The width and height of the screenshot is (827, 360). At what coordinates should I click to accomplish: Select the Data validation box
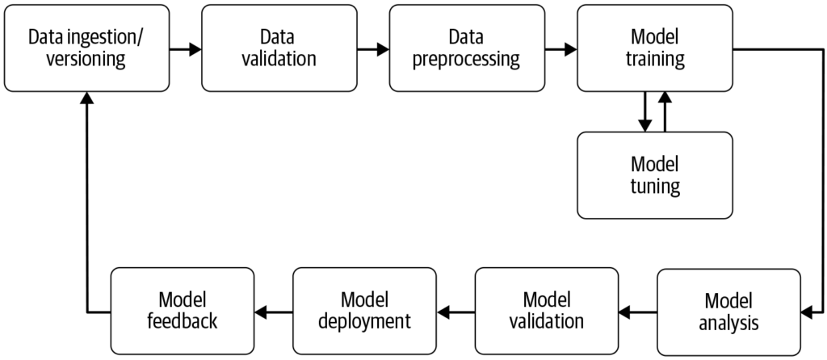pyautogui.click(x=279, y=48)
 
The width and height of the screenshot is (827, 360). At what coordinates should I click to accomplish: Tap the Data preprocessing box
pyautogui.click(x=466, y=48)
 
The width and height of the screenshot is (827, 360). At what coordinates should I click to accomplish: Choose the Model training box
pyautogui.click(x=655, y=48)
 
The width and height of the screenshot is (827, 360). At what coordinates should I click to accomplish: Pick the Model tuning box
pyautogui.click(x=655, y=175)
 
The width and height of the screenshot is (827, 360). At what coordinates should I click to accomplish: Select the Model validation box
pyautogui.click(x=546, y=311)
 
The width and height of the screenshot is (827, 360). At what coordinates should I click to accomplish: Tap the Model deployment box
pyautogui.click(x=364, y=311)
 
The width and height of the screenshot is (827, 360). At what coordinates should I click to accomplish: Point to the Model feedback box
pyautogui.click(x=182, y=311)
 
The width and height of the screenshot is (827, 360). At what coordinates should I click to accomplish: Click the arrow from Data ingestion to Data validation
pyautogui.click(x=185, y=49)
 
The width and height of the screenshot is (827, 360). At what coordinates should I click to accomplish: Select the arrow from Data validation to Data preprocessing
pyautogui.click(x=372, y=49)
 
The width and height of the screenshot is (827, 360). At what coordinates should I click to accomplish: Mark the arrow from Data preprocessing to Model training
pyautogui.click(x=560, y=49)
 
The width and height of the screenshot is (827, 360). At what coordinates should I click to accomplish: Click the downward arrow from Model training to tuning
pyautogui.click(x=644, y=112)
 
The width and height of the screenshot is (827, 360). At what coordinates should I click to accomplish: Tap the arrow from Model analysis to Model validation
pyautogui.click(x=638, y=312)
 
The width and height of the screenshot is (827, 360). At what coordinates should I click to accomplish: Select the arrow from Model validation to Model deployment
pyautogui.click(x=455, y=312)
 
